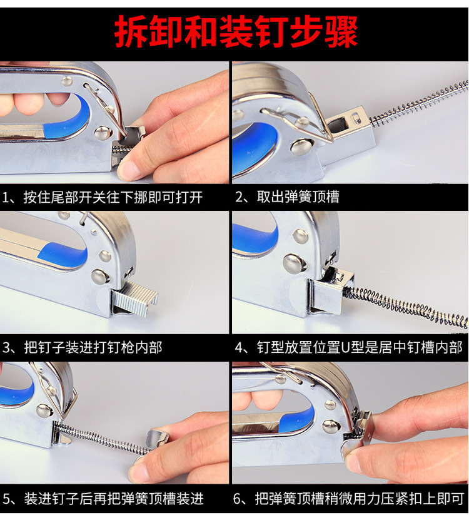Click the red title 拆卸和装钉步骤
click(236, 32)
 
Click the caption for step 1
click(103, 197)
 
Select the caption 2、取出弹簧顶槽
click(287, 196)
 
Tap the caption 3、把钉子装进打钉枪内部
click(82, 348)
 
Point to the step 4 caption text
click(349, 347)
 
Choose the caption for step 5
click(103, 499)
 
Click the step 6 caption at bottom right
click(348, 499)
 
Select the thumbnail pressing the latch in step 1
click(130, 170)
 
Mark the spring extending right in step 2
click(419, 102)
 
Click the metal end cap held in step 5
click(157, 439)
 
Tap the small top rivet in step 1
click(68, 81)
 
